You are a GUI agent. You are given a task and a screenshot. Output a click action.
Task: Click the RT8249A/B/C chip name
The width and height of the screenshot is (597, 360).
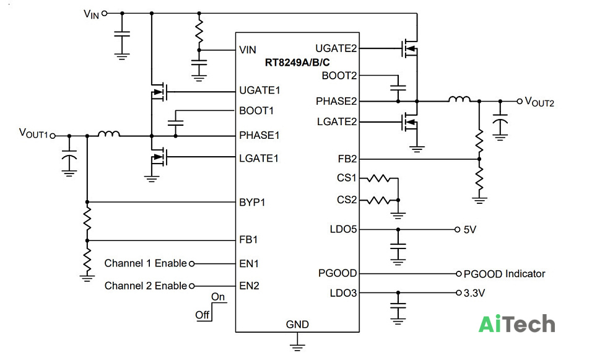[297, 63]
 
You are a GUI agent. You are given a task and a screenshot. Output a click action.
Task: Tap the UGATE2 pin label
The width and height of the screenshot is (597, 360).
[336, 48]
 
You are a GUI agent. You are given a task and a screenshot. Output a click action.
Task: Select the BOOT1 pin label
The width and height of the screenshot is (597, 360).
[256, 111]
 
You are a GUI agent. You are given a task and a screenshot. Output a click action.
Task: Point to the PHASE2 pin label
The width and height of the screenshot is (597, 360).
[336, 102]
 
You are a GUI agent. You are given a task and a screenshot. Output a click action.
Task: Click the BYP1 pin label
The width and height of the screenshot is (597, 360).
[252, 202]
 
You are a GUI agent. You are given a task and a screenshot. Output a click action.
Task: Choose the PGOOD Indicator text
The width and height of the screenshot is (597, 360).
[504, 273]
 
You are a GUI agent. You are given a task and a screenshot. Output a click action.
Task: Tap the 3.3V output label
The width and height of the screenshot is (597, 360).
[474, 293]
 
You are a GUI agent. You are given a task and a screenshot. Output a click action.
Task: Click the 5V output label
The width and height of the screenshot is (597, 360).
[470, 230]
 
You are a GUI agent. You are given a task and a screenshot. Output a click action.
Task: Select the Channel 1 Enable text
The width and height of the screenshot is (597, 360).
[146, 263]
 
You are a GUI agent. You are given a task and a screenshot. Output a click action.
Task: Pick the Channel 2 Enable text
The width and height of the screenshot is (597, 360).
[146, 286]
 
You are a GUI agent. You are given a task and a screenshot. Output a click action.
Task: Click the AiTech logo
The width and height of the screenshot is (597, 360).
[516, 324]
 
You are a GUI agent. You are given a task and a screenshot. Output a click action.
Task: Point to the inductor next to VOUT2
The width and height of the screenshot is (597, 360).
[459, 99]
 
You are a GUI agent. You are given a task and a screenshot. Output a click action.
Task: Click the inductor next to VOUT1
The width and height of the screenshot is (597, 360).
[109, 134]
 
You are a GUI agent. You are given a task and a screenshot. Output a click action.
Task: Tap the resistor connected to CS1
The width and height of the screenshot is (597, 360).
[378, 178]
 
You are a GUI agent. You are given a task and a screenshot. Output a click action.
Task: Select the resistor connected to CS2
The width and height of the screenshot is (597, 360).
[378, 200]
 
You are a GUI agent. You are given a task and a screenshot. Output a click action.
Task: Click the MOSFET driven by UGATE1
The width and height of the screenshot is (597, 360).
[159, 92]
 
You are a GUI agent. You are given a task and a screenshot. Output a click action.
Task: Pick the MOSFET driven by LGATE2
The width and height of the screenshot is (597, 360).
[410, 122]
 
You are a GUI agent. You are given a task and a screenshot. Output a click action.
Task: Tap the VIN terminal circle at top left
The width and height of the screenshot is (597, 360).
[104, 14]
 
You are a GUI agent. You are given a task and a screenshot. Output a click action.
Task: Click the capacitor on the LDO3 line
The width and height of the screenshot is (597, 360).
[398, 306]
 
